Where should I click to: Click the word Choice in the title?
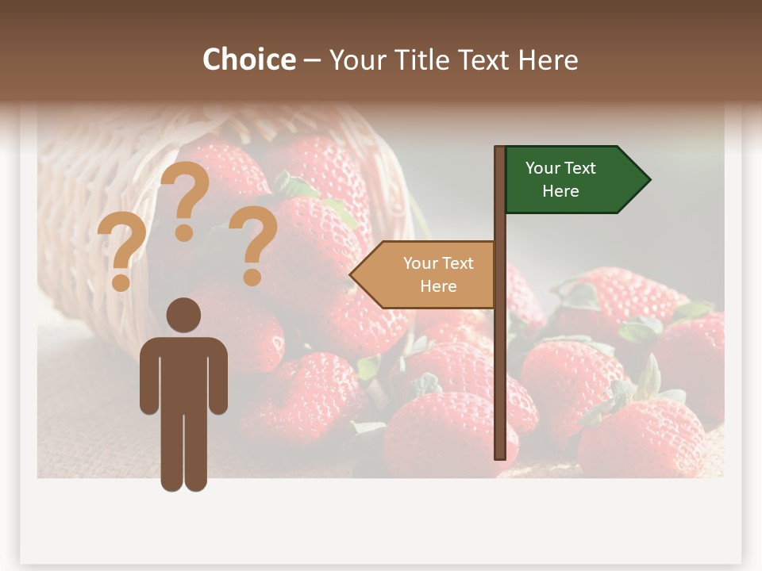(248, 59)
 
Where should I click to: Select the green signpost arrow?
(571, 180)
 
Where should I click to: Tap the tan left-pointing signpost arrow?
(429, 275)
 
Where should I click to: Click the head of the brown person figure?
(183, 315)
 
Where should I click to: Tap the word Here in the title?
(548, 59)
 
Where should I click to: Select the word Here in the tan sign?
(438, 286)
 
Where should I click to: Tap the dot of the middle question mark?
(184, 232)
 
